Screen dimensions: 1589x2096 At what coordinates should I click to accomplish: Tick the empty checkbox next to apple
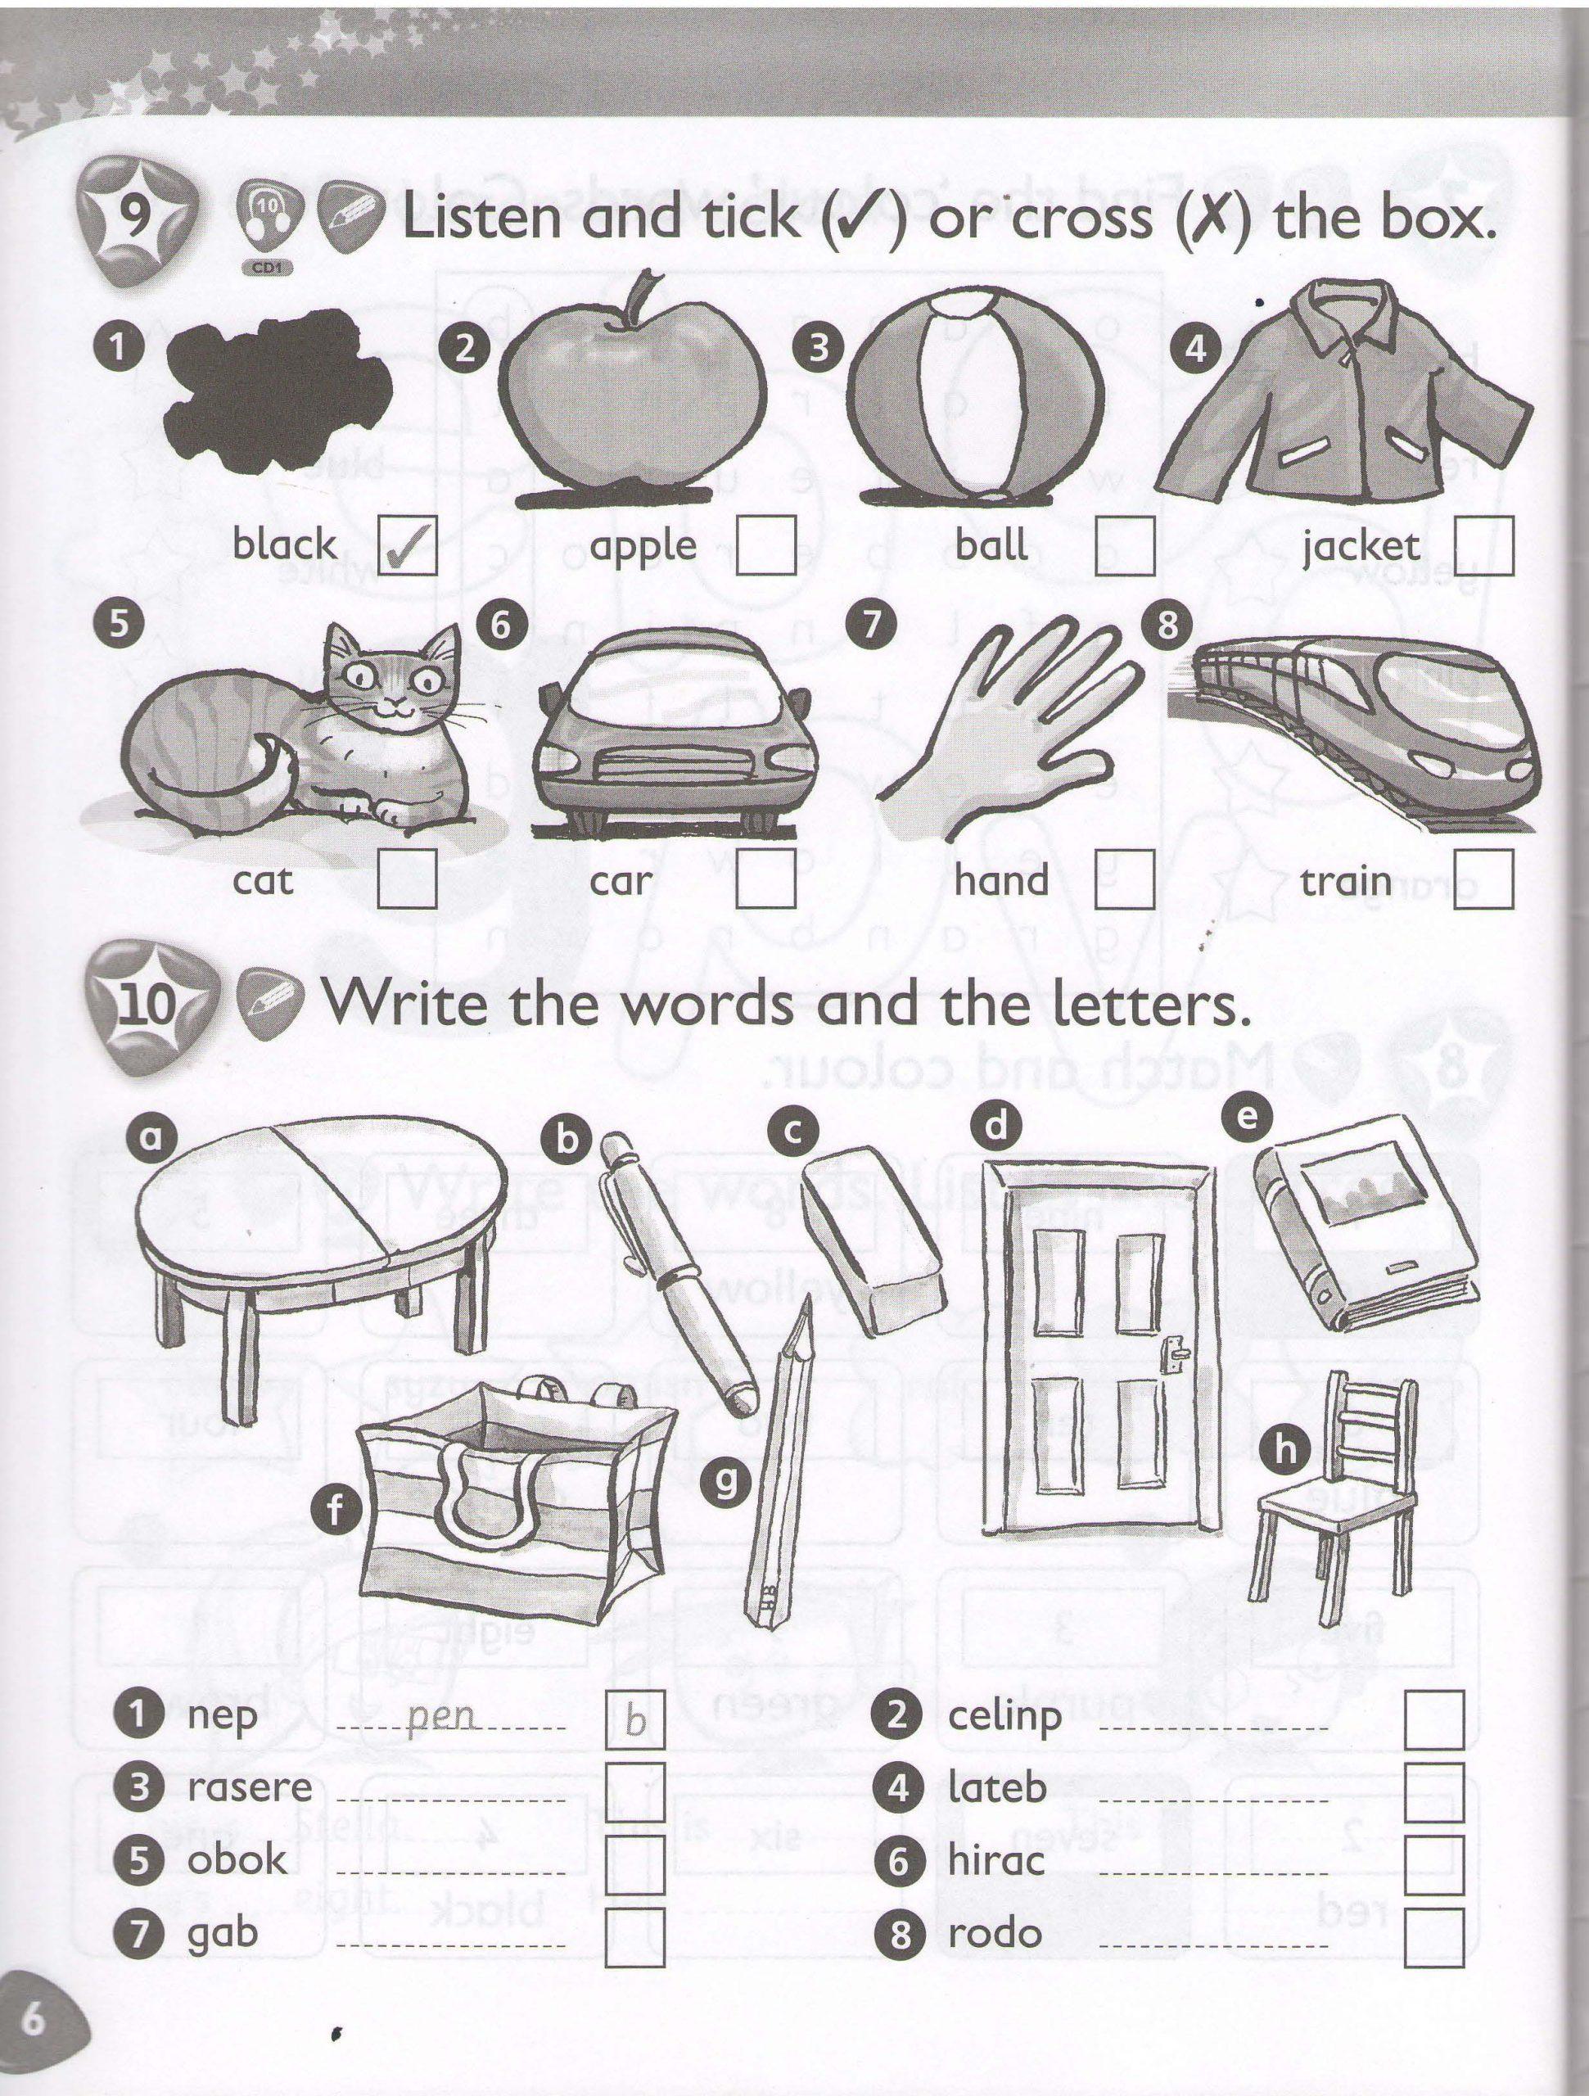pos(765,544)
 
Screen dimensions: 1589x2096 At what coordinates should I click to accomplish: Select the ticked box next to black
pos(408,544)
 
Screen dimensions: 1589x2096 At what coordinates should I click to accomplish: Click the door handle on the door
pos(1175,1355)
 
